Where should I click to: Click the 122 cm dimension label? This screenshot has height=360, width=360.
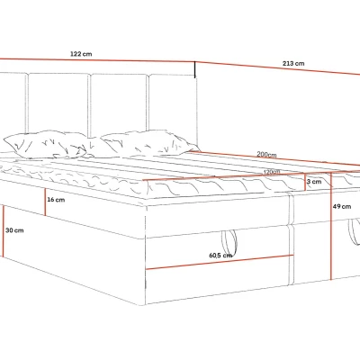[x=81, y=54]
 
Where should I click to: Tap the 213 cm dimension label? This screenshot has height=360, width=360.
[x=293, y=63]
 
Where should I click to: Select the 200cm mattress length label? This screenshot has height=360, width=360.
[x=266, y=155]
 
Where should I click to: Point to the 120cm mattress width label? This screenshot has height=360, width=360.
[x=272, y=172]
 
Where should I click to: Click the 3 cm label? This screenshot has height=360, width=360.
[x=314, y=182]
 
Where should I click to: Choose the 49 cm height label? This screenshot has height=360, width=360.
[x=342, y=206]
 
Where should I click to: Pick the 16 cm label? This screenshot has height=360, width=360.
[x=56, y=200]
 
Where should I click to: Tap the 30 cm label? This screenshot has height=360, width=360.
[x=14, y=230]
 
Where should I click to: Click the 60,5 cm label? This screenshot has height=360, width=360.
[x=220, y=256]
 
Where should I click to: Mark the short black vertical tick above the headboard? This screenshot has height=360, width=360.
[x=195, y=69]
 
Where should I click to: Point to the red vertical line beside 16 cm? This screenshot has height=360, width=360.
[x=45, y=202]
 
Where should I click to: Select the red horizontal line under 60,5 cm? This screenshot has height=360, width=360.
[x=220, y=262]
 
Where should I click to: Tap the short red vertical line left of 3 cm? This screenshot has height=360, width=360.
[x=305, y=182]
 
